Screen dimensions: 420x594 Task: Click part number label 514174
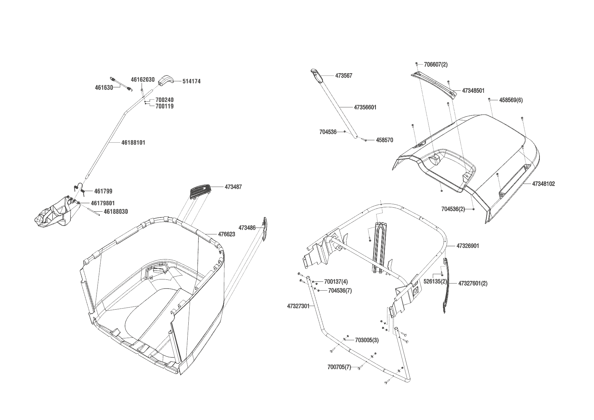coord(191,81)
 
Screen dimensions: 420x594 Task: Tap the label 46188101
coord(133,143)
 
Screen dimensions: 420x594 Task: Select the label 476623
coord(226,234)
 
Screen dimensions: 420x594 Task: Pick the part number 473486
coord(247,228)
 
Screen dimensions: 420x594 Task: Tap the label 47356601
coord(365,107)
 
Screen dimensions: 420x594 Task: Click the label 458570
coord(384,140)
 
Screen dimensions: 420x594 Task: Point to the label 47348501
coord(473,91)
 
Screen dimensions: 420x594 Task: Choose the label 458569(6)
coord(511,100)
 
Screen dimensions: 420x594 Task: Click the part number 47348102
coord(544,184)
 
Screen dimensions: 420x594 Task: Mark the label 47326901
coord(468,246)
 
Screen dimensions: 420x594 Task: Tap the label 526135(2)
coord(435,281)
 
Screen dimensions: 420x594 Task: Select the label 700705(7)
coord(339,367)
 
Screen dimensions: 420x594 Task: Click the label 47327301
coord(298,306)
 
